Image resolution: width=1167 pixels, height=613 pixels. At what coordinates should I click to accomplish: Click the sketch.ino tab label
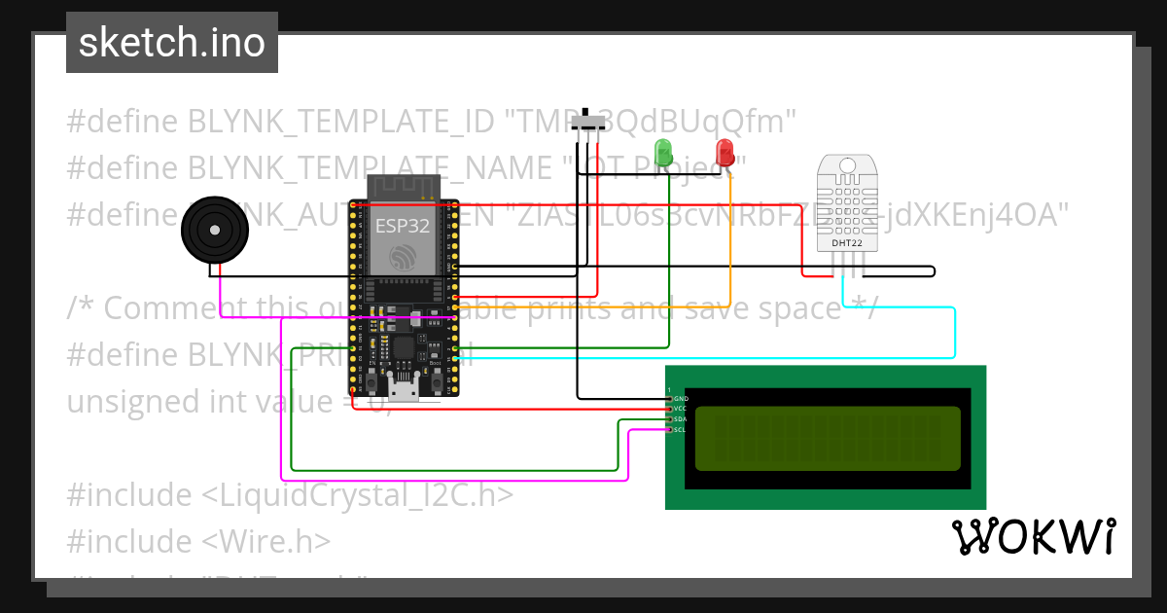point(171,43)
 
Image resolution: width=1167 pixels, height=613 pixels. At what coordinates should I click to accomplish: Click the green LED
point(663,153)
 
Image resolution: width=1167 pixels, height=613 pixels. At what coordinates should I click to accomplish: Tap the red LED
point(725,153)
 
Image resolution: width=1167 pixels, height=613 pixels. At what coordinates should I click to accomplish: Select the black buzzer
point(214,230)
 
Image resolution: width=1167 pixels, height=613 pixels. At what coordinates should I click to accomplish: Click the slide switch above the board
point(588,123)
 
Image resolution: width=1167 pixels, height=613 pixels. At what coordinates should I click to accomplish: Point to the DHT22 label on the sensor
point(844,242)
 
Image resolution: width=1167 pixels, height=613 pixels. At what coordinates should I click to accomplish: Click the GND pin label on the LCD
point(681,399)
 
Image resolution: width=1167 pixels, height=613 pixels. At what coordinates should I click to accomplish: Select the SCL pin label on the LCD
point(681,429)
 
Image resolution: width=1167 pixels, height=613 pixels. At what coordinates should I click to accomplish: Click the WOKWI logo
point(1034,536)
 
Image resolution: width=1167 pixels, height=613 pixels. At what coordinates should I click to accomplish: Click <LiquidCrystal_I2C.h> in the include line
point(357,495)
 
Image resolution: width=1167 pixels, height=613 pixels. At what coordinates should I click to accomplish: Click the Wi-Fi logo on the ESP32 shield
point(402,256)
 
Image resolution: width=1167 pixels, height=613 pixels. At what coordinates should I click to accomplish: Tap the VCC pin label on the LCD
point(681,409)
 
